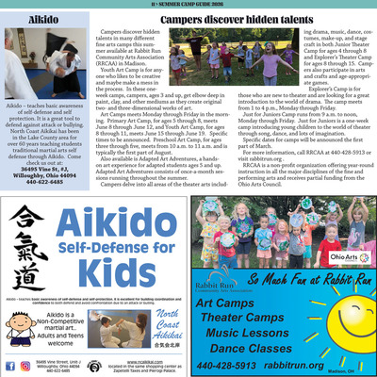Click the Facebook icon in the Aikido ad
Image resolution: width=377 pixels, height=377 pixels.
(x=10, y=363)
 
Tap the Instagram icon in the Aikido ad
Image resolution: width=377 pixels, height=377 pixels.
(x=24, y=363)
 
